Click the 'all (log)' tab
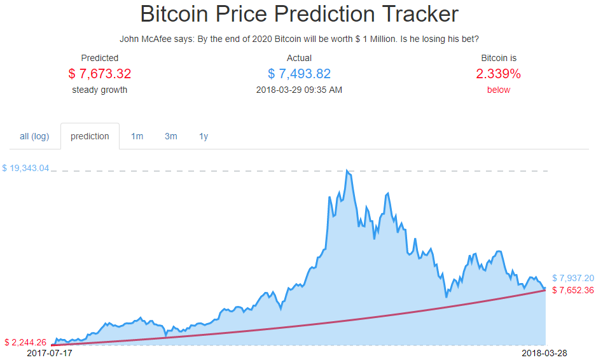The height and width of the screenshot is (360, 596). point(34,136)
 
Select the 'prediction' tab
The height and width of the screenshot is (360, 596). point(90,136)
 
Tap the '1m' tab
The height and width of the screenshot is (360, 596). point(137,136)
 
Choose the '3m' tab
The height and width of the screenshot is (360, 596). point(170,136)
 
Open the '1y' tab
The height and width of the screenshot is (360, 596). point(204,136)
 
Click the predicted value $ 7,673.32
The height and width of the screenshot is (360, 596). point(100,74)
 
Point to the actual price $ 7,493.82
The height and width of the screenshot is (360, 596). point(299,74)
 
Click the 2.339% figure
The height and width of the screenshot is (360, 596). point(498,74)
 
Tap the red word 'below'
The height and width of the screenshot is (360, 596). point(498,90)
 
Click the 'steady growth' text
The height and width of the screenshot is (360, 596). point(100,90)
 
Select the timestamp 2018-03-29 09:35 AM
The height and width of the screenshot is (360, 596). point(299,90)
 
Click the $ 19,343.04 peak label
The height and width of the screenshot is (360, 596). point(25,169)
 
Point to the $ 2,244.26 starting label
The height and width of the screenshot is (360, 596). point(25,342)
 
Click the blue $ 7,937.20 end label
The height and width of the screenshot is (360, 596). point(572,278)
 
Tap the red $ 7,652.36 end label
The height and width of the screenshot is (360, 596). point(572,290)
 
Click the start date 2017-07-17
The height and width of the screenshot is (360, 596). point(50,352)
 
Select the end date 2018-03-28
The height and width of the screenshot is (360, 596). point(544,352)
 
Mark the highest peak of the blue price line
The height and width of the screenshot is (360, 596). point(347,170)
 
